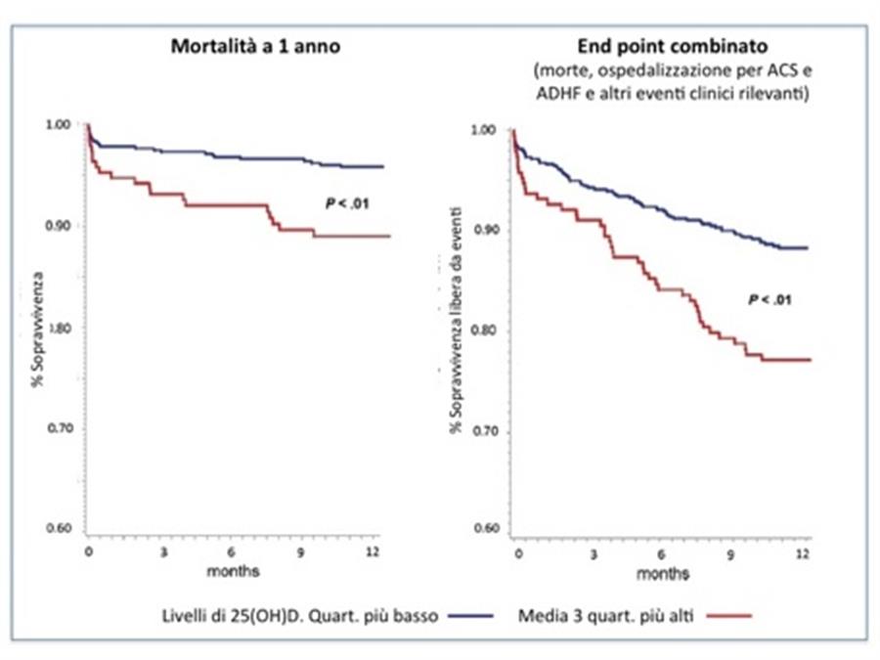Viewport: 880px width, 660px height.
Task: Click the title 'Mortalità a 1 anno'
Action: tap(256, 47)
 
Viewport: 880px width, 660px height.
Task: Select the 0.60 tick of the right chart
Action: tap(485, 531)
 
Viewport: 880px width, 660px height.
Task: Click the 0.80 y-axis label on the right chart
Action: tap(485, 330)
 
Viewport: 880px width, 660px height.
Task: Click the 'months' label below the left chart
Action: tap(233, 569)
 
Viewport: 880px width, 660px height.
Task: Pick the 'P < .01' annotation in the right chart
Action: tap(770, 299)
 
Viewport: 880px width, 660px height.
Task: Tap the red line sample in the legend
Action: tap(726, 616)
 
